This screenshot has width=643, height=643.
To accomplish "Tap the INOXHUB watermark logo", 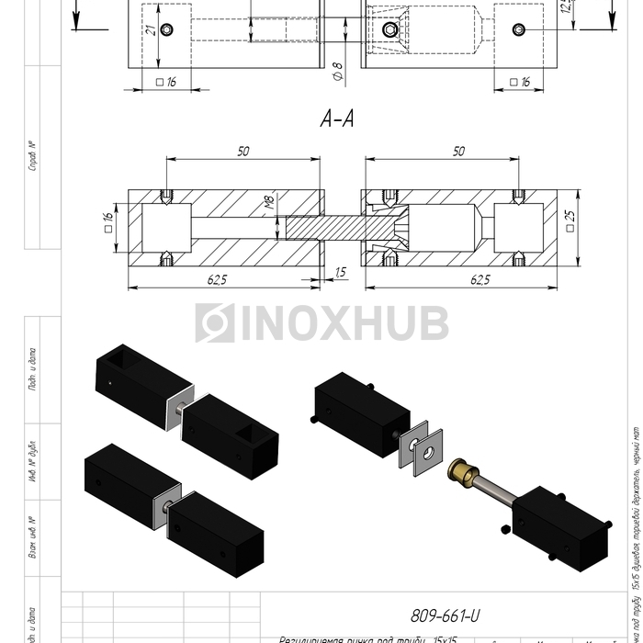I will [321, 323].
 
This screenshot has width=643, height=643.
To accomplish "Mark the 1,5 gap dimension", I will [341, 272].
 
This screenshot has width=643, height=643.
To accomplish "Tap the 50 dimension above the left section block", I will [242, 152].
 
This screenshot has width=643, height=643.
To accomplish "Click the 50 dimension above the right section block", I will [457, 152].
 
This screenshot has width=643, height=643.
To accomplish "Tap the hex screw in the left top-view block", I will [165, 30].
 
